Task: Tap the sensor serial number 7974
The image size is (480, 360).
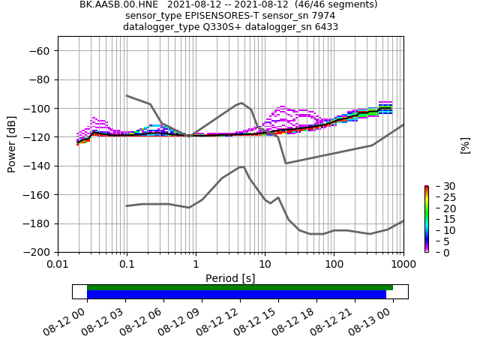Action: click(322, 16)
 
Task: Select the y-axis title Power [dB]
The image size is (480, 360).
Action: click(12, 144)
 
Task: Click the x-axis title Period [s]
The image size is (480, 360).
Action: click(230, 278)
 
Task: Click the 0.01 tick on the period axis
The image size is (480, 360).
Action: click(58, 265)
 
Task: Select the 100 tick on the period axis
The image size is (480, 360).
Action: click(334, 265)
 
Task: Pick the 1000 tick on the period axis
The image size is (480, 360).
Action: click(402, 265)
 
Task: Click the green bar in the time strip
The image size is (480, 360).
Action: click(240, 287)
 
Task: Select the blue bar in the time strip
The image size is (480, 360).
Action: click(236, 295)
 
